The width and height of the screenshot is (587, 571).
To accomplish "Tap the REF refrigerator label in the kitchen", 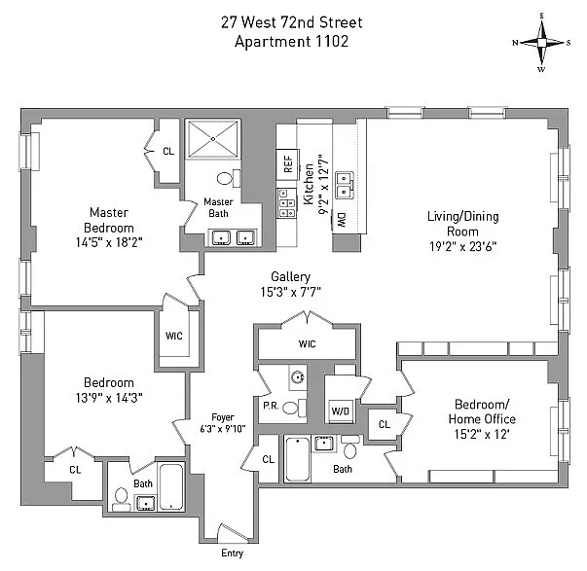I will click(x=288, y=164).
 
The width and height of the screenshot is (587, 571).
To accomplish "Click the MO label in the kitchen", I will click(x=342, y=220).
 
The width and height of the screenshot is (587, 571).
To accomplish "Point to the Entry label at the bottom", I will click(x=233, y=553).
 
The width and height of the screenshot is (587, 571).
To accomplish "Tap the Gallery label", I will click(x=290, y=277).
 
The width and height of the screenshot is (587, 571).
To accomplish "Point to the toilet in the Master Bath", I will click(x=226, y=179).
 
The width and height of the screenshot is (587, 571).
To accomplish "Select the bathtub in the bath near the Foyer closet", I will click(x=299, y=457).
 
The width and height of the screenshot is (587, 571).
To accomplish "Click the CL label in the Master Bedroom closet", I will click(x=168, y=151).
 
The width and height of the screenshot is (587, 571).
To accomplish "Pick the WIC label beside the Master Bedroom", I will click(x=174, y=336).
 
